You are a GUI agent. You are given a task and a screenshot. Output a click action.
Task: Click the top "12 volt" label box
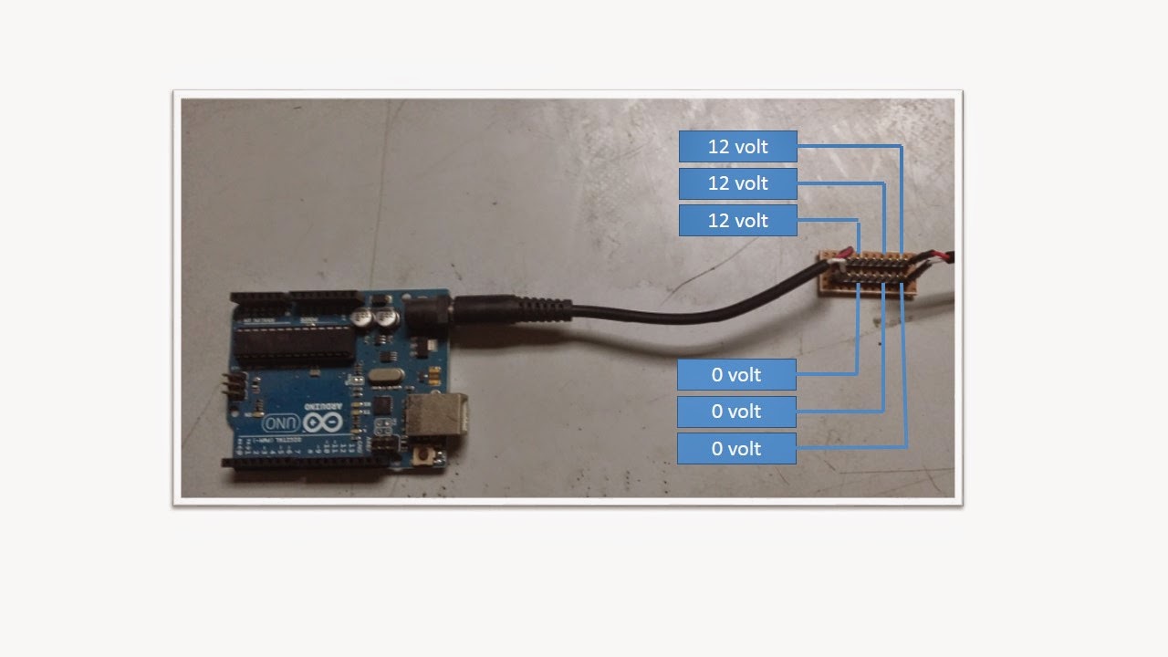tap(737, 146)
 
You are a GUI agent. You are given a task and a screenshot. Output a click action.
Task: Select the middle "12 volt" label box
tap(737, 183)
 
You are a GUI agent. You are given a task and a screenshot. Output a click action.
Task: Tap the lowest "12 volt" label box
tap(737, 221)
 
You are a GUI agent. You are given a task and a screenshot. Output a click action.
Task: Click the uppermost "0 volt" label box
tap(736, 374)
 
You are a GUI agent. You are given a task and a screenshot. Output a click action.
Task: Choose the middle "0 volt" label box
tap(736, 412)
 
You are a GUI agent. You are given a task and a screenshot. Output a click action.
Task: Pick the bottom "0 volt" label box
tap(736, 449)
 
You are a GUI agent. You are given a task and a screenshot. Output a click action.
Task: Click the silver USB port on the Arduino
tap(437, 416)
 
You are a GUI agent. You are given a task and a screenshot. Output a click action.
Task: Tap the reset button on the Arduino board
tap(422, 454)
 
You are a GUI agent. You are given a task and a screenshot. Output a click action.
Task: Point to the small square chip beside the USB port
tap(384, 406)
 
